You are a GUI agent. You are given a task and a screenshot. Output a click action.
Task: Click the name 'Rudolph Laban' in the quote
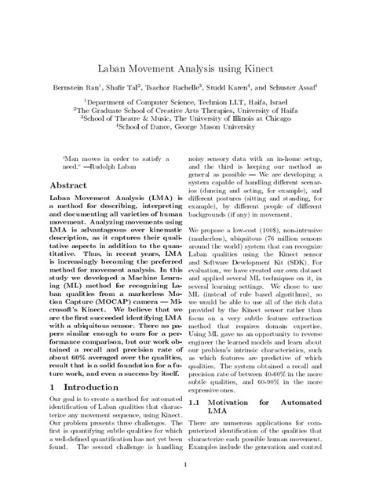(x=104, y=167)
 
